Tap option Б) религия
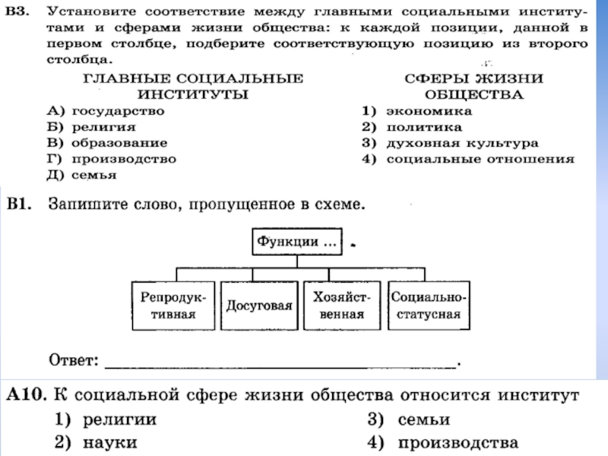point(88,126)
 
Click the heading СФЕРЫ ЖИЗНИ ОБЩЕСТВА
point(473,86)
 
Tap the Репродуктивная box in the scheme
point(172,306)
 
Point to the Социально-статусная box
point(428,306)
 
